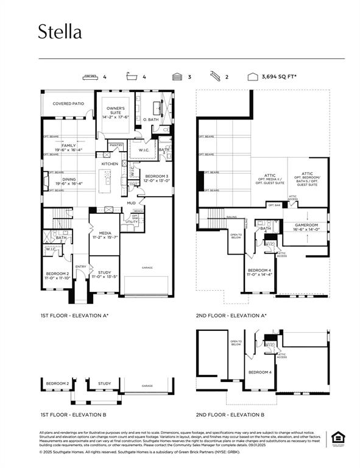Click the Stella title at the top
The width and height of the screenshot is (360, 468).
60,32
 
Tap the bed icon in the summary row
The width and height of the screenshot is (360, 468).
90,77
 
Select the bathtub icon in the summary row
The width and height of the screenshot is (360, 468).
132,77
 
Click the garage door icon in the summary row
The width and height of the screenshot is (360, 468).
177,77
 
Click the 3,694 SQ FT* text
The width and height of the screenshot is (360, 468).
278,77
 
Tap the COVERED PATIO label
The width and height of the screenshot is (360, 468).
68,104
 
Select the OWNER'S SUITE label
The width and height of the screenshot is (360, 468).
116,112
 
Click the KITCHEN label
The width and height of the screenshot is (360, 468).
110,164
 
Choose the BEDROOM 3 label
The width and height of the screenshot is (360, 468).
157,178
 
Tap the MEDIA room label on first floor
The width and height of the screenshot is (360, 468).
105,235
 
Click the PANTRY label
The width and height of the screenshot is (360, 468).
116,145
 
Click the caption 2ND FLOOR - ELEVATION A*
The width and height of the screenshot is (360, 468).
231,316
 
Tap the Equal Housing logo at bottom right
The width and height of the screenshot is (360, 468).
336,438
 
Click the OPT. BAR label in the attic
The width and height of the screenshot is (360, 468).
275,205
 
